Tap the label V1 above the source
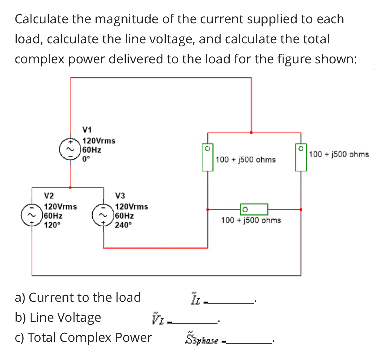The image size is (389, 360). pos(87,130)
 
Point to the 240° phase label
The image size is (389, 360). pos(123,225)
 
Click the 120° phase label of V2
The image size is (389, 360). pos(52,225)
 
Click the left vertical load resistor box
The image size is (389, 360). pos(208,157)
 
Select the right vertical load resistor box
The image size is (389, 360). pos(301,157)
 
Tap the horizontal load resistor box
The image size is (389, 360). pos(254,209)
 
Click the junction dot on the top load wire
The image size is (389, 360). pos(251,133)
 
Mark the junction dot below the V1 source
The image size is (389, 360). pos(70,187)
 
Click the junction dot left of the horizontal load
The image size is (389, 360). pos(208,209)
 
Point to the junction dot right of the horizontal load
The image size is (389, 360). pos(301,209)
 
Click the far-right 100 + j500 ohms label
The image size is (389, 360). pos(339,154)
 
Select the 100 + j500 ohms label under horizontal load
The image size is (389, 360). pos(251,220)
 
